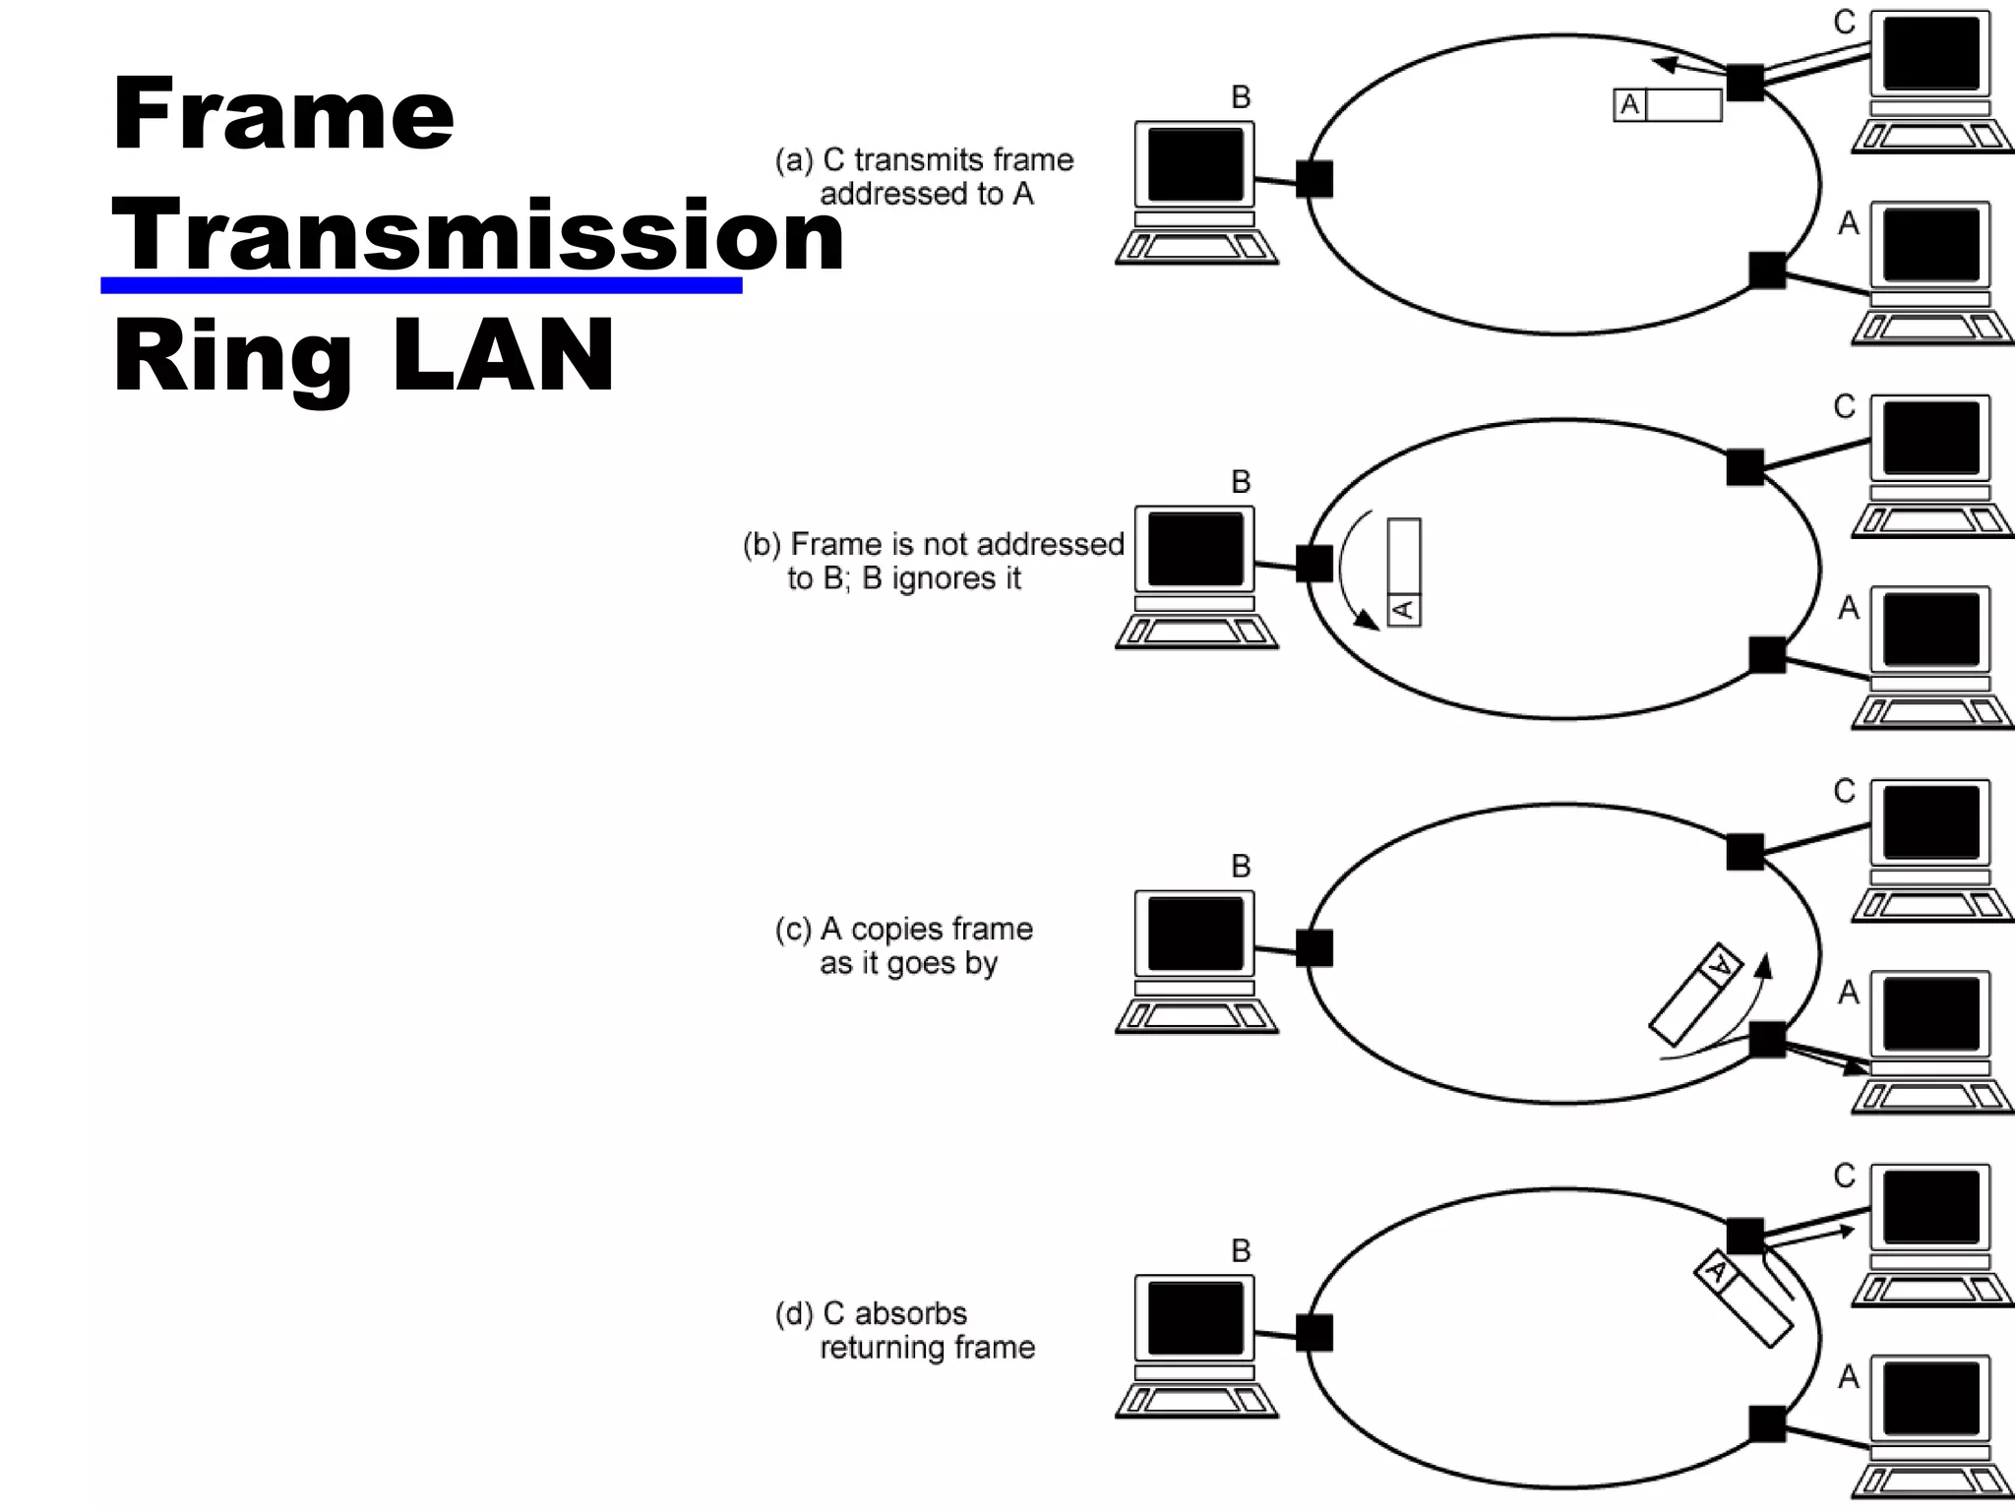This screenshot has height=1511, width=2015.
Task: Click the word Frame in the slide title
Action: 283,114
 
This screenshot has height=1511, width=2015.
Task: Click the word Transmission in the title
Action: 478,236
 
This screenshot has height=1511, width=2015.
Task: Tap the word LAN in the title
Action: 503,355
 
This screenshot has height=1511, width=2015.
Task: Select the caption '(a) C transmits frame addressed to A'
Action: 925,176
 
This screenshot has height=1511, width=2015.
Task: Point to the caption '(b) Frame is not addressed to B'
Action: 933,561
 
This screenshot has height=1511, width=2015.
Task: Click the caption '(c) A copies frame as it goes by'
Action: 904,945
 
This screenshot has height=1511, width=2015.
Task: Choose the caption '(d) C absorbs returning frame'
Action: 905,1330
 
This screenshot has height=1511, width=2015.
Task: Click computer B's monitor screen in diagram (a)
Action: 1195,164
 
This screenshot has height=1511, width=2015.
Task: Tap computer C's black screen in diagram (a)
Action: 1930,52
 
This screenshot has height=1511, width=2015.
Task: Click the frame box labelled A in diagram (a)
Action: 1668,105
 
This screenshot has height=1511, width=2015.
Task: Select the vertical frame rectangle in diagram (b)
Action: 1404,572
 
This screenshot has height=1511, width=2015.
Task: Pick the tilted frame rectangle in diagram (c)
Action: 1694,995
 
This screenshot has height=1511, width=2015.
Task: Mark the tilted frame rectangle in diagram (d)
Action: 1742,1299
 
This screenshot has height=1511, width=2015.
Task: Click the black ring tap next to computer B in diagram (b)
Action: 1313,564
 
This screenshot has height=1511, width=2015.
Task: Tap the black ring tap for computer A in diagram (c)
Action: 1767,1040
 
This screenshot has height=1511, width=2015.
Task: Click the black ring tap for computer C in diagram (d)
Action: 1744,1237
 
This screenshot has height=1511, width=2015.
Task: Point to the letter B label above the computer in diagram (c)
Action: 1241,867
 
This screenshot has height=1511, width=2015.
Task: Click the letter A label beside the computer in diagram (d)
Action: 1848,1376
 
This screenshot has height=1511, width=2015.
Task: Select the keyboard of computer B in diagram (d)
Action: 1195,1402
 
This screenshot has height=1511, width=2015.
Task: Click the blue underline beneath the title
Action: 421,285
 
